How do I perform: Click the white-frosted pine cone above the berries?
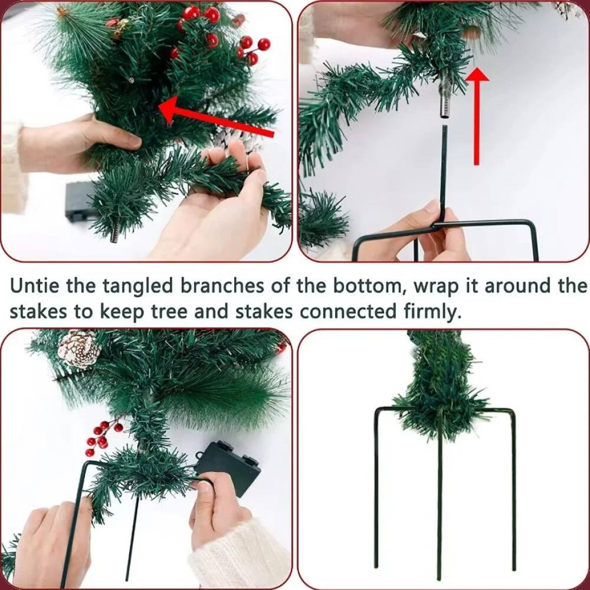pos(79,349)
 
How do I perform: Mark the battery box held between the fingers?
pos(228,466)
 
